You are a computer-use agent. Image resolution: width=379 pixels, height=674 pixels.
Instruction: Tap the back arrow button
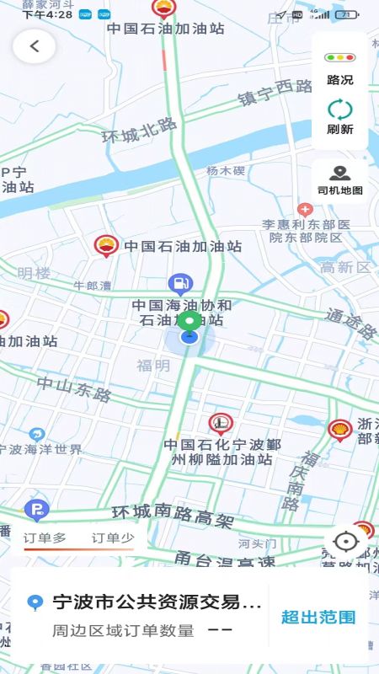point(35,46)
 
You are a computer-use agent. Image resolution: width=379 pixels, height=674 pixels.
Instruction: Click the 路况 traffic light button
point(340,67)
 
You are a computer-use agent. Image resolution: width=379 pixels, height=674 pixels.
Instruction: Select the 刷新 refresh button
point(340,117)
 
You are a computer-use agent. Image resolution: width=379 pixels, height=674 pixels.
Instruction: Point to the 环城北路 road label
point(139,130)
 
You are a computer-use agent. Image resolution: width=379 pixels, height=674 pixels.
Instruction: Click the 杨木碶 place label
point(226,171)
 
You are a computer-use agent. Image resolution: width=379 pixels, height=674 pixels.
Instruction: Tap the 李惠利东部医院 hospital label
point(306,231)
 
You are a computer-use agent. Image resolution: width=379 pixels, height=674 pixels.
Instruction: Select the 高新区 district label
point(345,268)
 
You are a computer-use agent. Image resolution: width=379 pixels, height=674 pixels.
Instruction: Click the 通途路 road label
point(350,324)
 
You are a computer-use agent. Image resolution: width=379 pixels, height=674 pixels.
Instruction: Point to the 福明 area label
point(153,366)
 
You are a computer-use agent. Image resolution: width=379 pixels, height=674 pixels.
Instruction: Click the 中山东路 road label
point(74,388)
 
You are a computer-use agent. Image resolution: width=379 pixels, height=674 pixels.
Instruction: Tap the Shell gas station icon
point(340,431)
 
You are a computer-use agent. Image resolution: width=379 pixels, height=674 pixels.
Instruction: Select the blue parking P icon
point(36,509)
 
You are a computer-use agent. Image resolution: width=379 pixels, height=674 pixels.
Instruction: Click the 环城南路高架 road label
point(173,516)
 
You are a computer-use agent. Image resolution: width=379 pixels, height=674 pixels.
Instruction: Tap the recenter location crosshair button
point(345,542)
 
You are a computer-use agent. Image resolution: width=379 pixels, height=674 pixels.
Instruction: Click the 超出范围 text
point(318,616)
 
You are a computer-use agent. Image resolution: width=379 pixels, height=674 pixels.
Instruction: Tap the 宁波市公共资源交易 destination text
point(157,602)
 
